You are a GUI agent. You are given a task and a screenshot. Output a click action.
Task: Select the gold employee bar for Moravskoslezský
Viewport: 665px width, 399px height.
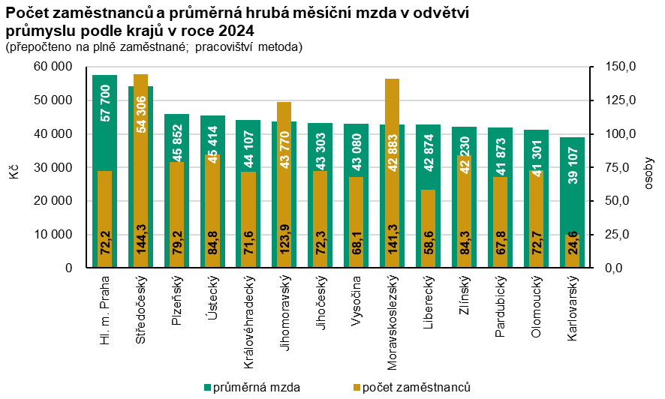coord(392,127)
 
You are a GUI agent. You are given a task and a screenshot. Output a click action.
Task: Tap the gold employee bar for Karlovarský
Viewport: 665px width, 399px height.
coord(572,251)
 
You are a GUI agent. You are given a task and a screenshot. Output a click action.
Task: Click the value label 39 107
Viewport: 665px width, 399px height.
coord(572,166)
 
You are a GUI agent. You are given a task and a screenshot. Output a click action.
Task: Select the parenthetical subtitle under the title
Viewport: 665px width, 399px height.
coord(153,46)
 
